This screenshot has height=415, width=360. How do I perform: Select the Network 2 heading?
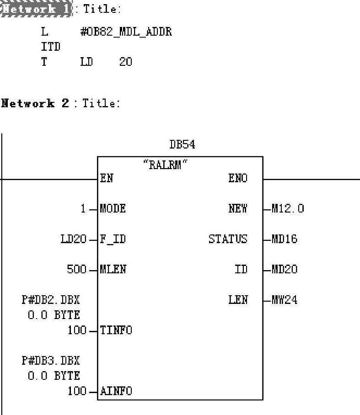(35, 103)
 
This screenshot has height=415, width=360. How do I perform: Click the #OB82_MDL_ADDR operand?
(126, 32)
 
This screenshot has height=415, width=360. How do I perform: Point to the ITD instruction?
(50, 47)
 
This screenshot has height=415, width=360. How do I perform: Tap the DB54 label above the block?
(182, 145)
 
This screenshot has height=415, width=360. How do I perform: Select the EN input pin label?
(107, 178)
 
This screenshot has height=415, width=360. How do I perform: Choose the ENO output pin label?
(238, 178)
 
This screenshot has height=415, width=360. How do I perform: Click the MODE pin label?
(113, 209)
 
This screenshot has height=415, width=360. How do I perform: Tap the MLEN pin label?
(113, 269)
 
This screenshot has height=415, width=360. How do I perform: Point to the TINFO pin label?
(116, 330)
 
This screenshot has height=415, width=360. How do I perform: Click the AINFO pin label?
(116, 391)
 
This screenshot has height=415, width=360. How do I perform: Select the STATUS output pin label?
(228, 239)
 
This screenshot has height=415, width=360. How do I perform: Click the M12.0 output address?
(288, 209)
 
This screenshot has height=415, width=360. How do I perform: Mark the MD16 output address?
(285, 239)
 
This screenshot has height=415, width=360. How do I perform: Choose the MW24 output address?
(285, 300)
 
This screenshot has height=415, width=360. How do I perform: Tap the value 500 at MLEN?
(77, 269)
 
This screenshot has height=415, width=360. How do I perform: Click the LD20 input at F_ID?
(73, 239)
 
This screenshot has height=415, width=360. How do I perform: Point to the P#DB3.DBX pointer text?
(50, 361)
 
